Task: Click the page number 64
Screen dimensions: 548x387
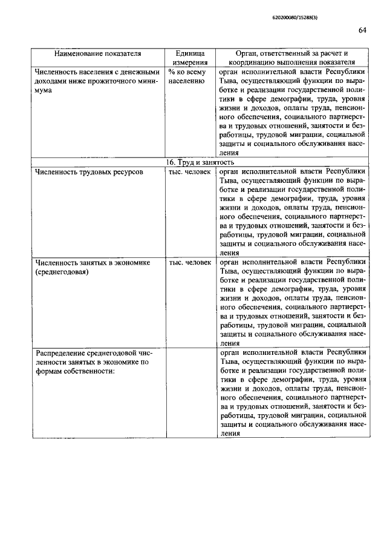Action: click(362, 30)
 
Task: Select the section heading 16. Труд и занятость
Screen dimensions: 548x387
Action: click(199, 162)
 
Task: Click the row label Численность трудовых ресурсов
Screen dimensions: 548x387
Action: click(89, 172)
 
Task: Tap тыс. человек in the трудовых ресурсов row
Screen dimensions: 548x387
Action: click(190, 172)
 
